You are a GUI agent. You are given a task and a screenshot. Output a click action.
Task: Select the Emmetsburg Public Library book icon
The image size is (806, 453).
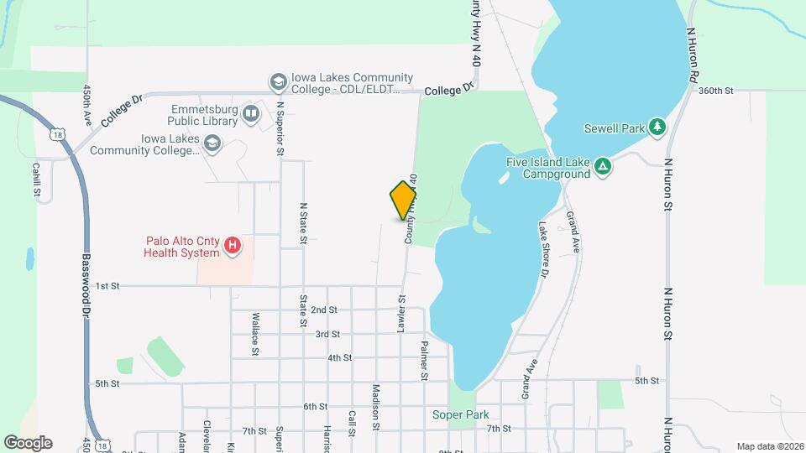(x=251, y=113)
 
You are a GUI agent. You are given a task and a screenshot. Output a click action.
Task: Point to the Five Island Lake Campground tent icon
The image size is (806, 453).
(x=602, y=167)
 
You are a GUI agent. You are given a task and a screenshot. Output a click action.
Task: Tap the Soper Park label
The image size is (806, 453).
(x=460, y=414)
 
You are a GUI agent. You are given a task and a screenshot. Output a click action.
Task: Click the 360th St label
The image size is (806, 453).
(x=715, y=90)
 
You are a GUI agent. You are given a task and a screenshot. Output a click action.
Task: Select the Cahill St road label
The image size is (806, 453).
(x=37, y=180)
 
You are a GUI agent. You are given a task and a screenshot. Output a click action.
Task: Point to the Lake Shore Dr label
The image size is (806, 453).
(x=544, y=249)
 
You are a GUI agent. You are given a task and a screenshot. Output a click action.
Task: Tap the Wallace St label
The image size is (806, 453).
(x=255, y=335)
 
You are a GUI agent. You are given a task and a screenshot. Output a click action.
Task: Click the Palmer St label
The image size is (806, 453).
(x=424, y=361)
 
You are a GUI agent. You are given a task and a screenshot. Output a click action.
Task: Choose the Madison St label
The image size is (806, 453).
(x=376, y=405)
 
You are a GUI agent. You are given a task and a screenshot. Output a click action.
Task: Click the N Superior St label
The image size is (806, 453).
(x=280, y=129)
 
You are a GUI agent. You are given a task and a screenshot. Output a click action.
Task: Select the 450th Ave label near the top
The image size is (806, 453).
(x=86, y=105)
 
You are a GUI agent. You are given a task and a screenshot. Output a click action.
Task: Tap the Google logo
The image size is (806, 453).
(x=28, y=443)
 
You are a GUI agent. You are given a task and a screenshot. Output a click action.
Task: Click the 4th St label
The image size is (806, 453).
(x=339, y=358)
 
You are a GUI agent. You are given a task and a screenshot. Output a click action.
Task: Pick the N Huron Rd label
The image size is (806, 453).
(x=693, y=54)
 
